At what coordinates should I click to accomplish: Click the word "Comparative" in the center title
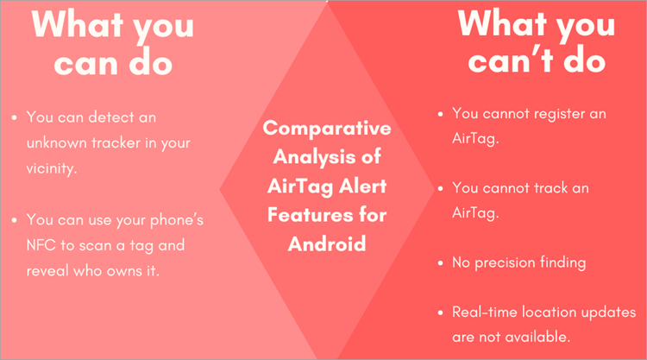point(326,129)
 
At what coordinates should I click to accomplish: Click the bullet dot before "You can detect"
point(16,117)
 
